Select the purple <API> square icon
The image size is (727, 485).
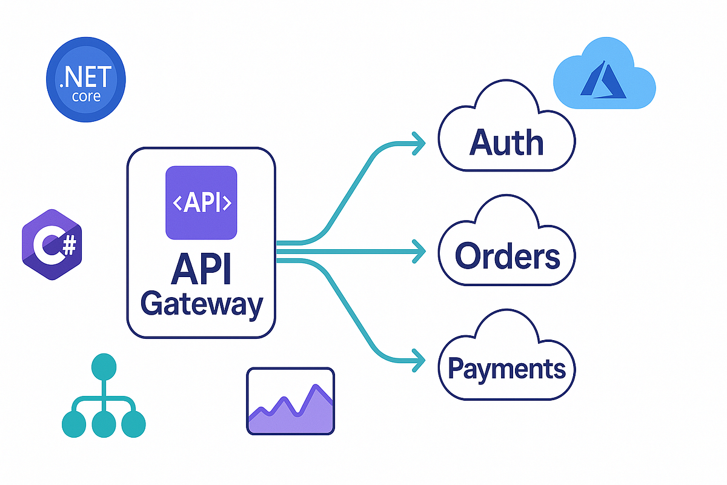click(x=201, y=202)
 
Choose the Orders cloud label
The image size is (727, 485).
click(x=507, y=255)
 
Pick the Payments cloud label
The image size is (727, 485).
click(x=506, y=368)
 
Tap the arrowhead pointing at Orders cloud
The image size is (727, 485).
click(x=418, y=250)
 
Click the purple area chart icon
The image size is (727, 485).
click(x=291, y=401)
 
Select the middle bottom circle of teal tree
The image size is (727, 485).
click(x=104, y=423)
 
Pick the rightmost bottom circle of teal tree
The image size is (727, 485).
click(x=133, y=423)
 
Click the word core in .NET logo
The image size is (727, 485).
click(x=86, y=96)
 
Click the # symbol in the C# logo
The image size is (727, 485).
click(x=68, y=245)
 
